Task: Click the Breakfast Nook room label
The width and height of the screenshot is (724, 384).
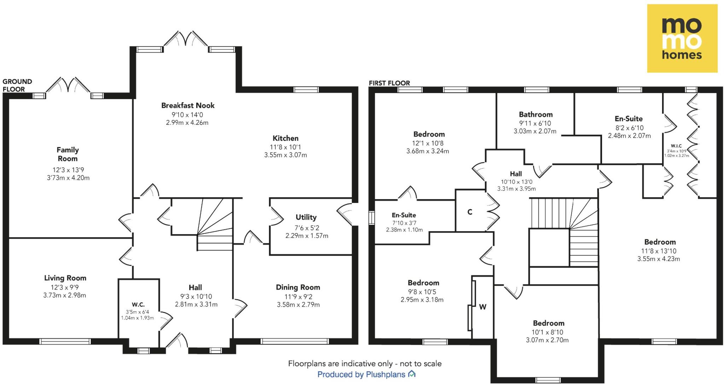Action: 188,105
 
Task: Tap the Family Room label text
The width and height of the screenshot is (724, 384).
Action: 68,154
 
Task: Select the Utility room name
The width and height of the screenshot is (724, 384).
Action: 306,217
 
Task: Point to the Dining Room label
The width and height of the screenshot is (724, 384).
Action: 298,287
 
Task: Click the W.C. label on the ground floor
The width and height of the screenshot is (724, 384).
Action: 138,304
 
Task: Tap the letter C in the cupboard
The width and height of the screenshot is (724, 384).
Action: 470,212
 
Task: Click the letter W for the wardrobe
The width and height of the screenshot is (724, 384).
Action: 483,307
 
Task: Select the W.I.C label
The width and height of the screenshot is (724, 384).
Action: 676,146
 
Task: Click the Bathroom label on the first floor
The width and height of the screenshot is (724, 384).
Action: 536,114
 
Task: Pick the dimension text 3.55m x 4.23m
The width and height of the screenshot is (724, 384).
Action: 658,259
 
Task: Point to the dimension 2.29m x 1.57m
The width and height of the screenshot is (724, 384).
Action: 306,236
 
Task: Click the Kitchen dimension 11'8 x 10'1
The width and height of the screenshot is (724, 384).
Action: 285,147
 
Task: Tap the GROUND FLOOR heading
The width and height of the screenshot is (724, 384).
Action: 17,85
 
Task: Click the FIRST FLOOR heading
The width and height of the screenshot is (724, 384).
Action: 389,83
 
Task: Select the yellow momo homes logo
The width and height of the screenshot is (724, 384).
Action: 682,39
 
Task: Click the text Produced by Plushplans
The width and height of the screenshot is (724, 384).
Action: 366,374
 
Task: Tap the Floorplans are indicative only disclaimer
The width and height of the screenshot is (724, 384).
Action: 364,363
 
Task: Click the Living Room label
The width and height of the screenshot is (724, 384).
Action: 65,278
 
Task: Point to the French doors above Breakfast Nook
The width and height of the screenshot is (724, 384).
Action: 186,40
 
